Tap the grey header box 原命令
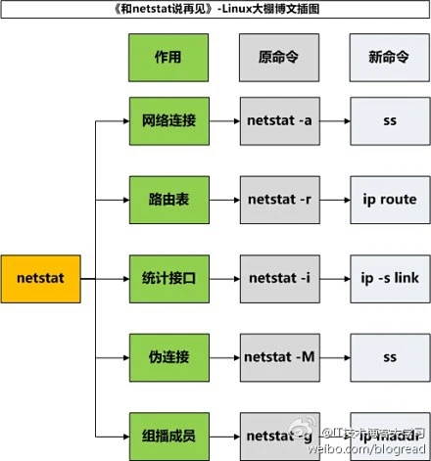point(278,58)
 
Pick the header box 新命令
point(388,58)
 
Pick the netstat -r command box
point(278,200)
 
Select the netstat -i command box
point(278,279)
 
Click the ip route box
point(388,200)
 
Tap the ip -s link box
point(388,279)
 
